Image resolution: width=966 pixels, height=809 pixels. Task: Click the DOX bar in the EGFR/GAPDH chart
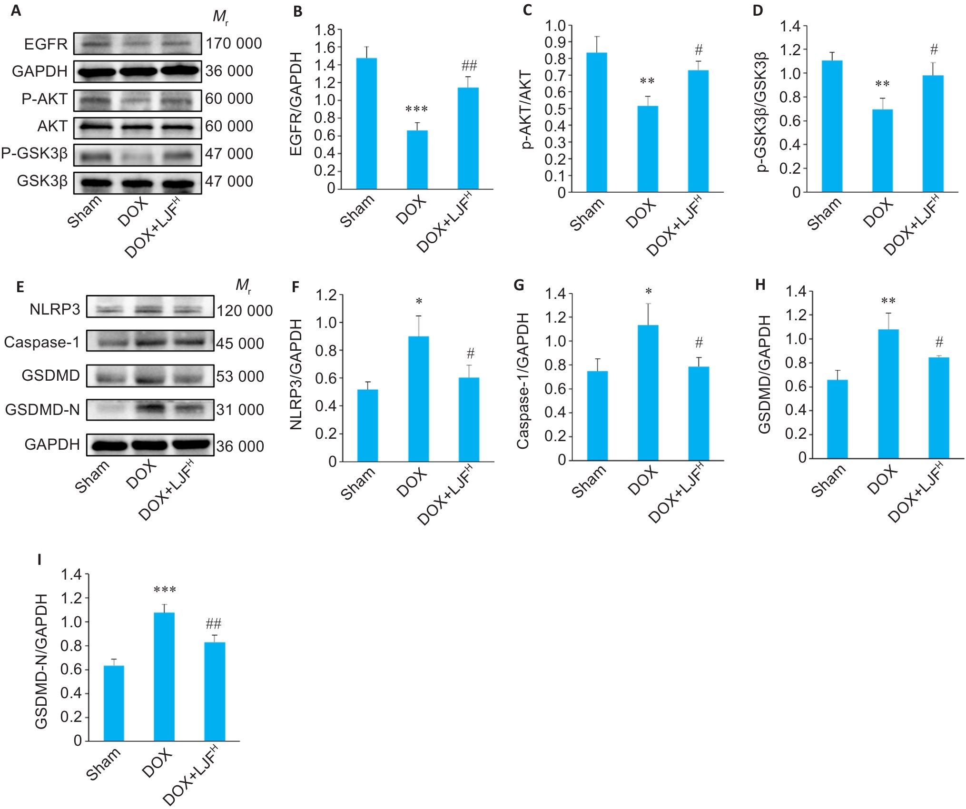tap(417, 159)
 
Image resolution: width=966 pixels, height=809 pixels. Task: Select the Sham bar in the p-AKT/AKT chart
tap(596, 122)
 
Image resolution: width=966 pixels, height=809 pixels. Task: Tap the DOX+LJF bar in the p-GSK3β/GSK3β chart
tap(933, 134)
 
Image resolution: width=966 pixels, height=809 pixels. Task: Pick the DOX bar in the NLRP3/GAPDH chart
tap(418, 399)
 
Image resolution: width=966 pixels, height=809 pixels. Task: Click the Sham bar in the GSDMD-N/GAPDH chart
tap(114, 703)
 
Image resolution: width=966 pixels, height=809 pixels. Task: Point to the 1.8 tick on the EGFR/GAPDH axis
tap(325, 30)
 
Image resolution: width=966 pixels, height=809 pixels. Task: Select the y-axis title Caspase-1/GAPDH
tap(523, 381)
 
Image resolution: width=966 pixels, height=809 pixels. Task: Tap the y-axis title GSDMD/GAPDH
tap(764, 374)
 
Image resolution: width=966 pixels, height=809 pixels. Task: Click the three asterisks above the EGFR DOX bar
tap(416, 109)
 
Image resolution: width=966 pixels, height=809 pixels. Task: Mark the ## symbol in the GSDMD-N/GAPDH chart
tap(214, 623)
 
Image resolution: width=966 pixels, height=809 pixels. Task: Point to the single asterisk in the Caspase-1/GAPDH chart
tap(648, 291)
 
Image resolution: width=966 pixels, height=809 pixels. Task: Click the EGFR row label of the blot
tap(46, 44)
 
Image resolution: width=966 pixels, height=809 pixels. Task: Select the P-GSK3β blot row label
tap(34, 153)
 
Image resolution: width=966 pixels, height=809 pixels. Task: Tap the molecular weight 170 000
tap(233, 44)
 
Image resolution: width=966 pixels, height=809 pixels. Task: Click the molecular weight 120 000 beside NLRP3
tap(245, 311)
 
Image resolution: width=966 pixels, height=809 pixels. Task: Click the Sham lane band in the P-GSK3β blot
tap(95, 156)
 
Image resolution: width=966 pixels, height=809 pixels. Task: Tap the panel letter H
tap(760, 285)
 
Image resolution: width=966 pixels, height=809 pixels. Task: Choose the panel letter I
tap(40, 560)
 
